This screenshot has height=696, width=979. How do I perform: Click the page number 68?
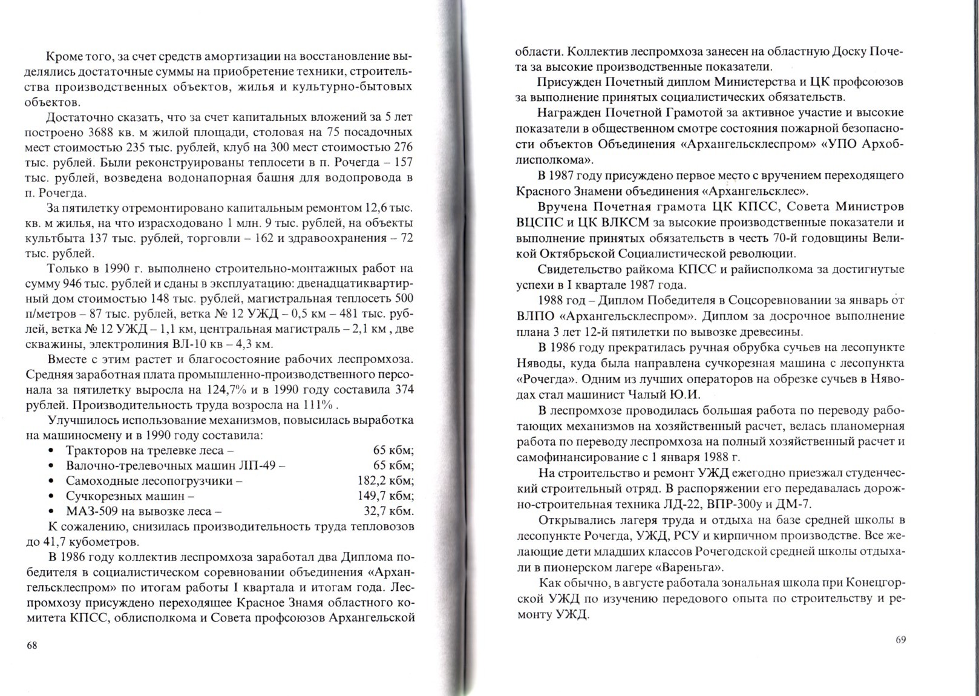33,645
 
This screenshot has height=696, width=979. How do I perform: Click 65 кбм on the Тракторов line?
393,450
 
